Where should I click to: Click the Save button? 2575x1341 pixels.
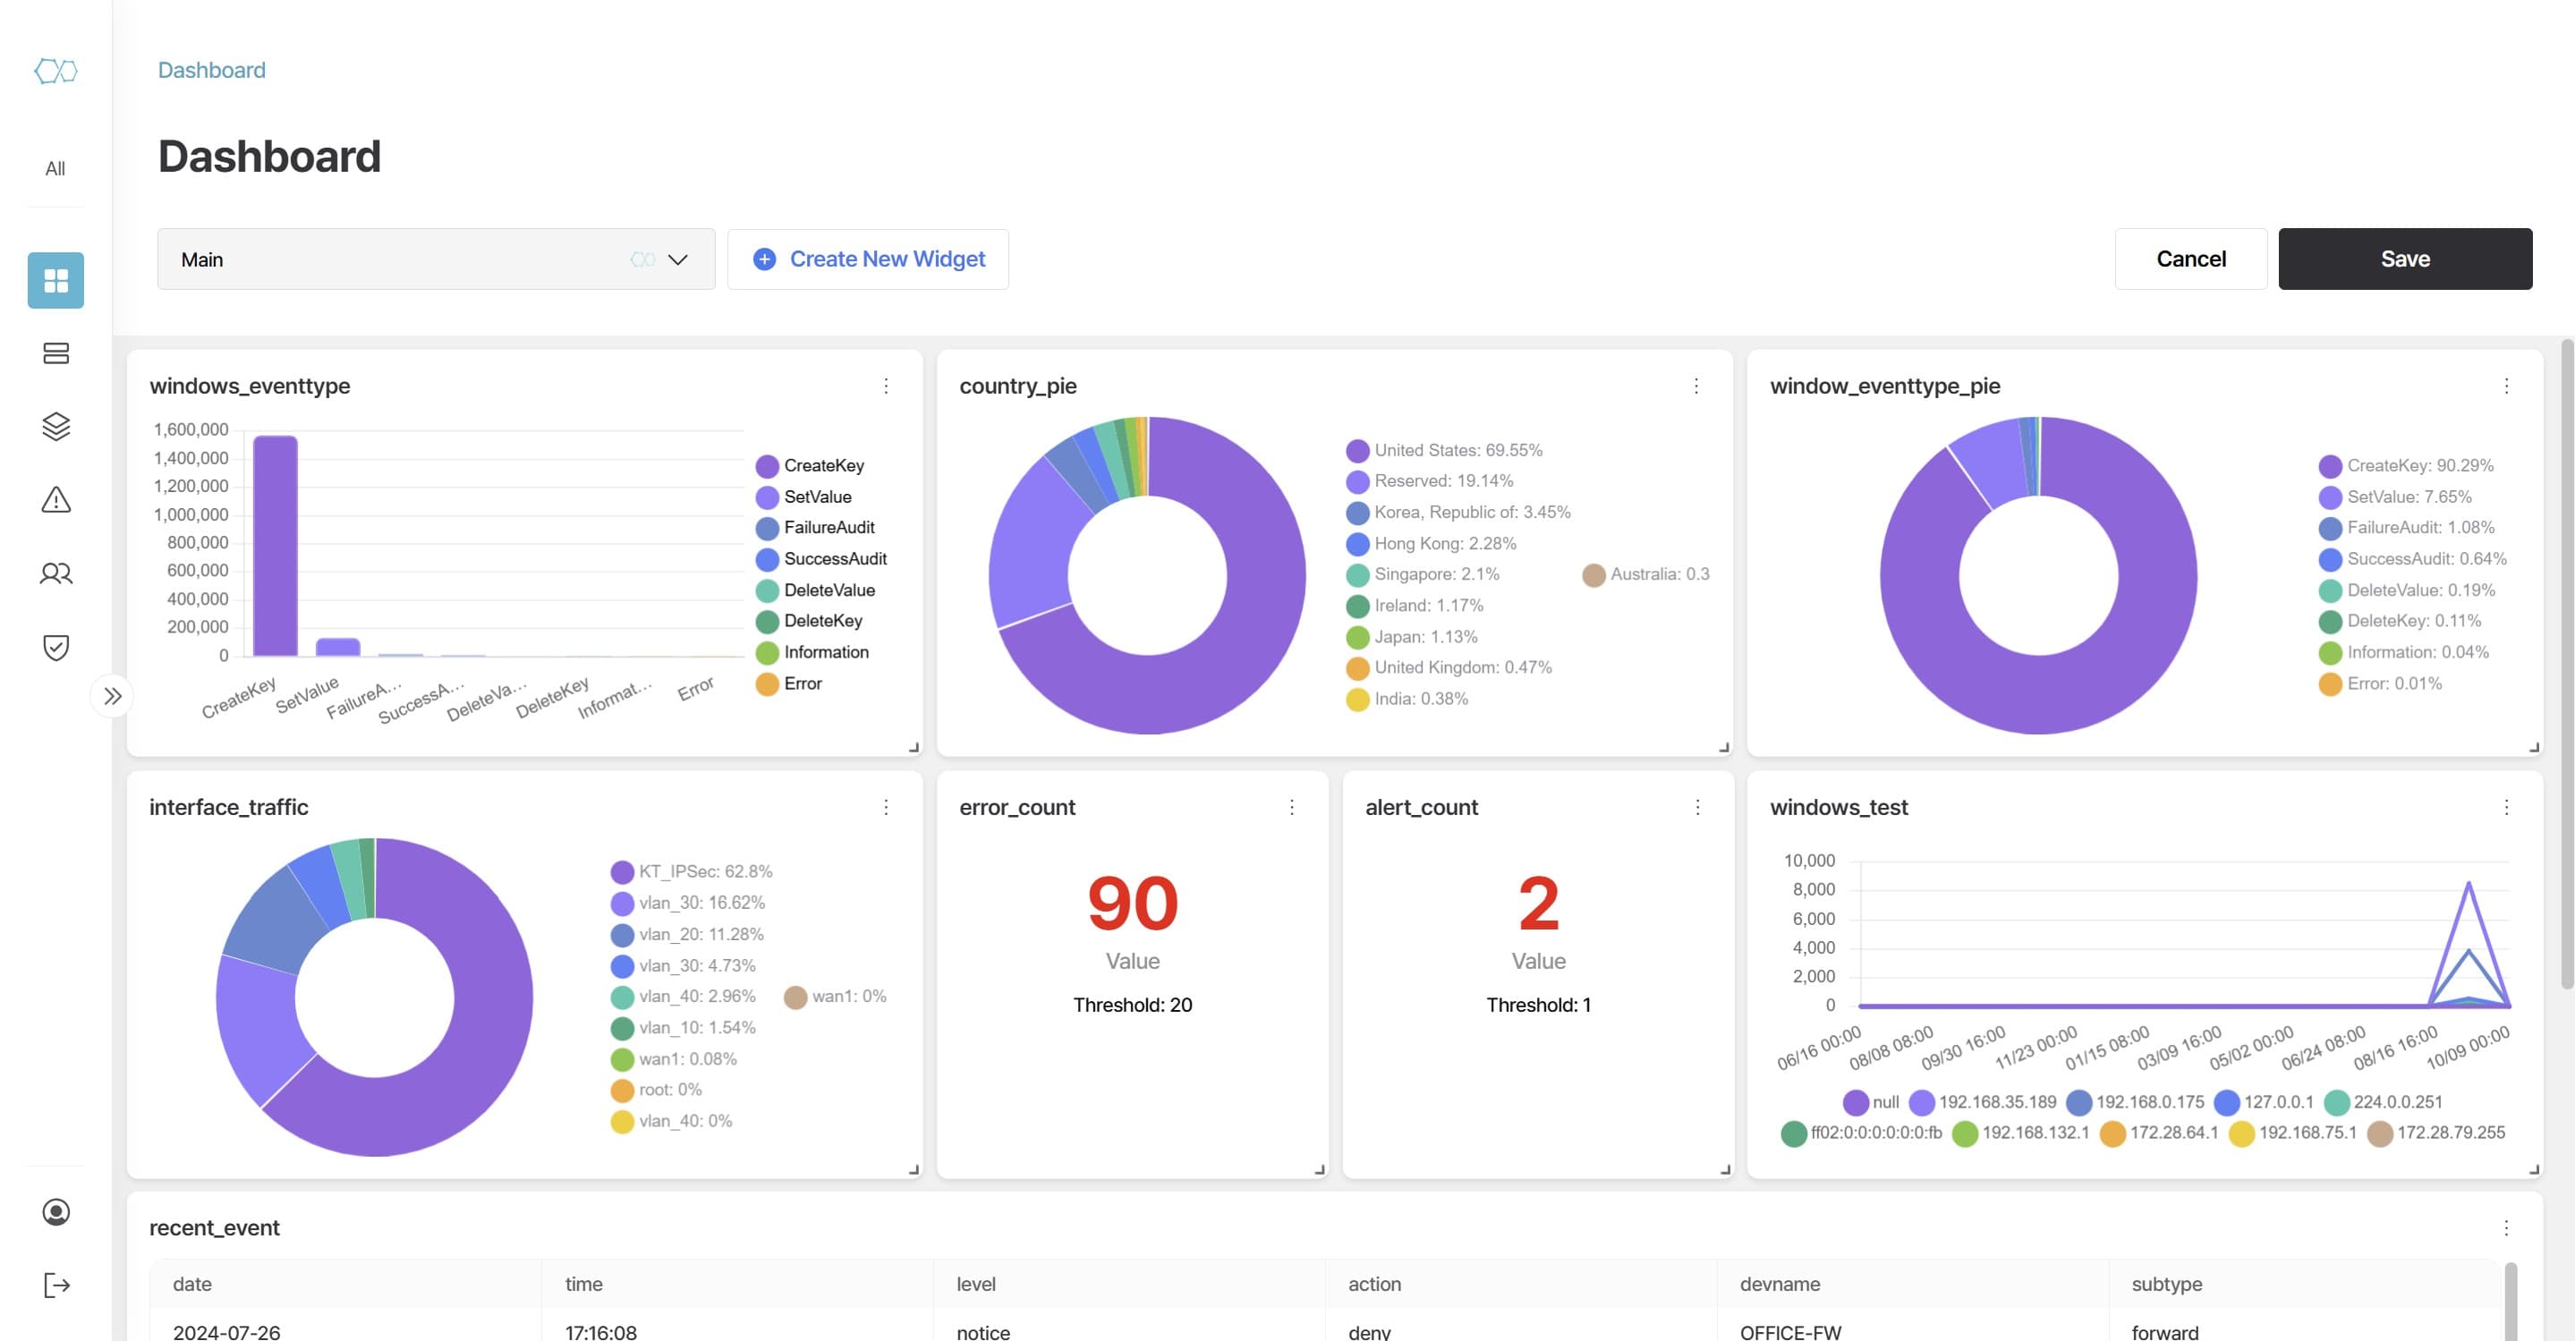[x=2404, y=259]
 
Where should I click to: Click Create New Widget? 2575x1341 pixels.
[x=868, y=259]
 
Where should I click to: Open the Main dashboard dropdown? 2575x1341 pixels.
[x=436, y=259]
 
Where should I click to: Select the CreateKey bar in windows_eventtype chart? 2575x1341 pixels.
[x=275, y=546]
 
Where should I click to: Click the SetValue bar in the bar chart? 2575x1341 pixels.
[x=338, y=647]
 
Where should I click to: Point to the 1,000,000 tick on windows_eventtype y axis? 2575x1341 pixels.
[x=191, y=514]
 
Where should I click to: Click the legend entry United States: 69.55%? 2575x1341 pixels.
[x=1457, y=451]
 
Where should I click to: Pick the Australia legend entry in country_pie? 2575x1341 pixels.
[x=1658, y=574]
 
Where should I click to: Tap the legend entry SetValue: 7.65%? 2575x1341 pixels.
[x=2407, y=497]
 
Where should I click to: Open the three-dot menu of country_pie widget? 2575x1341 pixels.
[x=1696, y=386]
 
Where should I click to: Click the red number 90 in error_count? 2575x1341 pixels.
[x=1133, y=904]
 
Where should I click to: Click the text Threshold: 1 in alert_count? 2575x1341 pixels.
[x=1537, y=1006]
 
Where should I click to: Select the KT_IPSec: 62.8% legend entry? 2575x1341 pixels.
[x=704, y=871]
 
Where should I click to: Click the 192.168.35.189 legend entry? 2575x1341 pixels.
[x=1996, y=1102]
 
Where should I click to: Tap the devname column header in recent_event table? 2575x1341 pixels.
[x=1780, y=1284]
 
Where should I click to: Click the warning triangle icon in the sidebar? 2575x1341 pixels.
[x=56, y=499]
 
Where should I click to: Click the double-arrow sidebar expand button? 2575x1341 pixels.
[x=113, y=697]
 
